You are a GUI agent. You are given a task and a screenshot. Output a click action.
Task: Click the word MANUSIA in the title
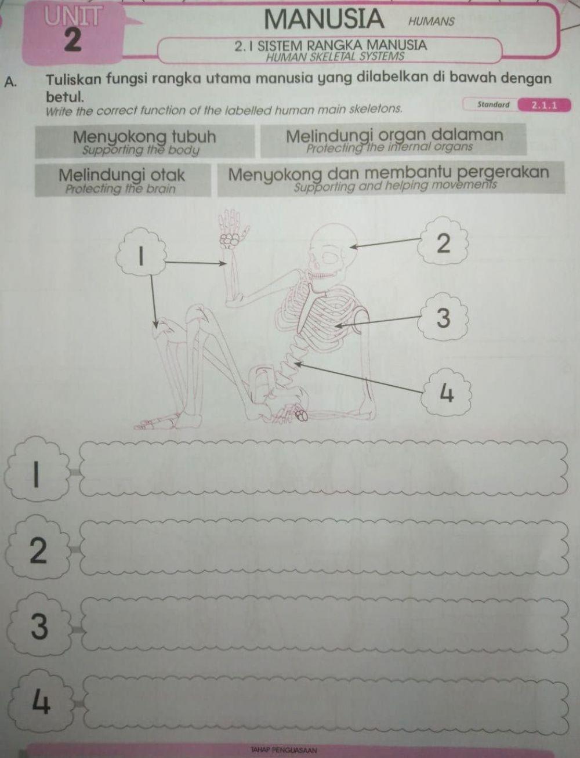pyautogui.click(x=324, y=19)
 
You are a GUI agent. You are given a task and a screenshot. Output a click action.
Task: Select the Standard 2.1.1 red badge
pyautogui.click(x=544, y=105)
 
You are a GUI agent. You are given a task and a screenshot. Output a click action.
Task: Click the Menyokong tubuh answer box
pyautogui.click(x=144, y=142)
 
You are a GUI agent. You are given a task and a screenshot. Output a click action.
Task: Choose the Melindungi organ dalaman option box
pyautogui.click(x=393, y=140)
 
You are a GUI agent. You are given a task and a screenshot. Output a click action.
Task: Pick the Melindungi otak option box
pyautogui.click(x=122, y=180)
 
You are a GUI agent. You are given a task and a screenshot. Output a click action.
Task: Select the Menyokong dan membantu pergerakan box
pyautogui.click(x=389, y=179)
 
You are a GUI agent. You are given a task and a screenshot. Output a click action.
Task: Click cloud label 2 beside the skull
pyautogui.click(x=442, y=243)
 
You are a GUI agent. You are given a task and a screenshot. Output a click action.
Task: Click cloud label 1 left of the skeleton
pyautogui.click(x=141, y=254)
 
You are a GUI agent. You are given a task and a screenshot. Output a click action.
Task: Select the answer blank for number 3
pyautogui.click(x=325, y=625)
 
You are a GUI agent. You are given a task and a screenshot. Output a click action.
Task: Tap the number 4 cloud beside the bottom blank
pyautogui.click(x=39, y=701)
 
